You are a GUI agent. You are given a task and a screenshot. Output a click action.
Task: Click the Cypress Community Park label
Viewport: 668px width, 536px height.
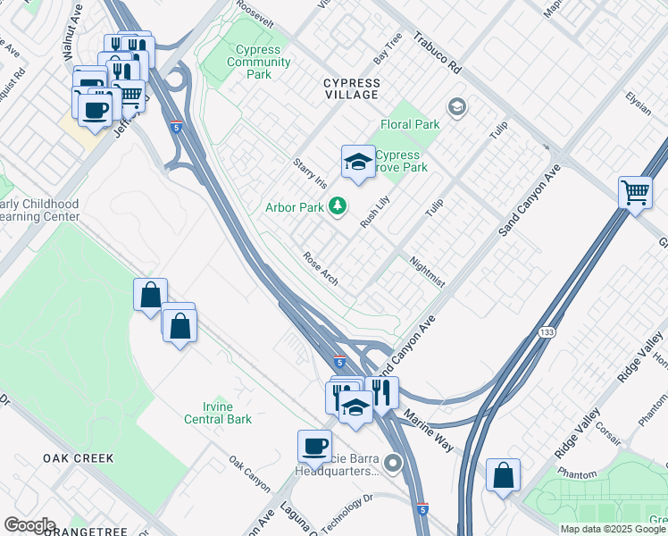coord(258,63)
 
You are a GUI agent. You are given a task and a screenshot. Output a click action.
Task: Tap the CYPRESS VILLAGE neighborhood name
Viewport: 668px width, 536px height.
coord(351,90)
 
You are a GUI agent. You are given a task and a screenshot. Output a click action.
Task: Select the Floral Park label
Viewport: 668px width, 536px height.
coord(410,125)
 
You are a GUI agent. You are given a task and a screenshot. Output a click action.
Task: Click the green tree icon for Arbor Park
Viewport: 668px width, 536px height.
coord(337,207)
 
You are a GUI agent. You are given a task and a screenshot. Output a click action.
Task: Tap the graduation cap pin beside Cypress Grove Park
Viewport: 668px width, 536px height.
coord(357,163)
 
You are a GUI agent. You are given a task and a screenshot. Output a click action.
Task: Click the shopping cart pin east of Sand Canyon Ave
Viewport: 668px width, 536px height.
coord(634,192)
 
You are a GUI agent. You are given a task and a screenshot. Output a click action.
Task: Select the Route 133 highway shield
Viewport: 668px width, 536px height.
coord(546,332)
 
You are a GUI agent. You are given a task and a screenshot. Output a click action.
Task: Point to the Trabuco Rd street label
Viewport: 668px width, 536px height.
coord(437,54)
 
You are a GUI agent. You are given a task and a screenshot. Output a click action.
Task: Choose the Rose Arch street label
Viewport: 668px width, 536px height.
coord(320,269)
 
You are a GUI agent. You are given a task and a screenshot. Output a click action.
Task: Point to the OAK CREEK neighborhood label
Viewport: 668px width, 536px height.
coord(79,458)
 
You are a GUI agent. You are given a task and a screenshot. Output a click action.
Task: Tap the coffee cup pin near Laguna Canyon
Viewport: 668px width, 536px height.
coord(314,446)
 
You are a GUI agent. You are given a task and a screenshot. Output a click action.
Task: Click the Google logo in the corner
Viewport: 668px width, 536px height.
coord(29,525)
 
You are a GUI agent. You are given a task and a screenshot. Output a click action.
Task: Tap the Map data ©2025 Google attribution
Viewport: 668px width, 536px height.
coord(613,529)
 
